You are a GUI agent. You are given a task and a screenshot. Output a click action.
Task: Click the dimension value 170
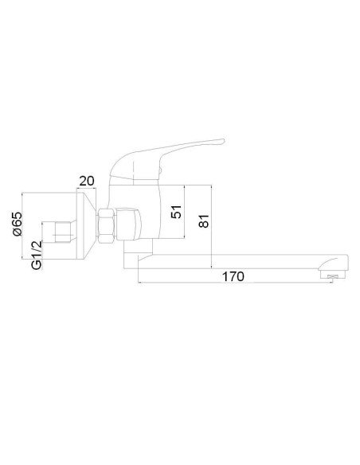pyautogui.click(x=233, y=276)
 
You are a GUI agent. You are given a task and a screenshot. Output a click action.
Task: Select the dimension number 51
pyautogui.click(x=178, y=211)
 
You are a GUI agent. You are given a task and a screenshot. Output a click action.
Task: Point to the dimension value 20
pyautogui.click(x=87, y=181)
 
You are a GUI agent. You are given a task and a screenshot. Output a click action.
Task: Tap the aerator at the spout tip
pyautogui.click(x=331, y=275)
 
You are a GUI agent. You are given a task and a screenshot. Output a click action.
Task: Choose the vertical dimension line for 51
pyautogui.click(x=185, y=211)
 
